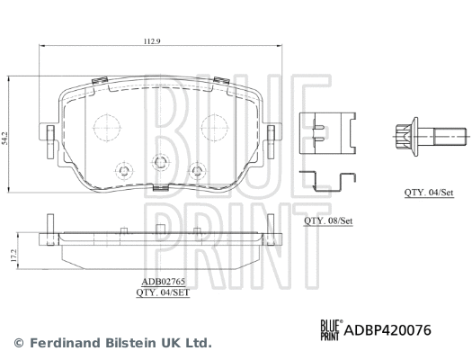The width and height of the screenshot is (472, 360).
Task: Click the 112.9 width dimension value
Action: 152,41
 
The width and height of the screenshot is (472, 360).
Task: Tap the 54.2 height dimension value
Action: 4,139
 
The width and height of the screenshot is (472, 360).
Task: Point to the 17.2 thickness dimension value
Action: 13,256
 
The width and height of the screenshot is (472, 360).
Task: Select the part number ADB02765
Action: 163,282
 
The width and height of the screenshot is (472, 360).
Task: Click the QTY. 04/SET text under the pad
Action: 163,292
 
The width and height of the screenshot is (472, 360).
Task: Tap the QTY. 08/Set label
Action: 328,220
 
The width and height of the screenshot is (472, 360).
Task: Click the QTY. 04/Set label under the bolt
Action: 429,193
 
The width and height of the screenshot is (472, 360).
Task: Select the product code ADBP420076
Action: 387,330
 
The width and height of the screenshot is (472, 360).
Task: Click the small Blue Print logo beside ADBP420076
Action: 331,330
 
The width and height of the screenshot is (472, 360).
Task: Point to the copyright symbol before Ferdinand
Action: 19,343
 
